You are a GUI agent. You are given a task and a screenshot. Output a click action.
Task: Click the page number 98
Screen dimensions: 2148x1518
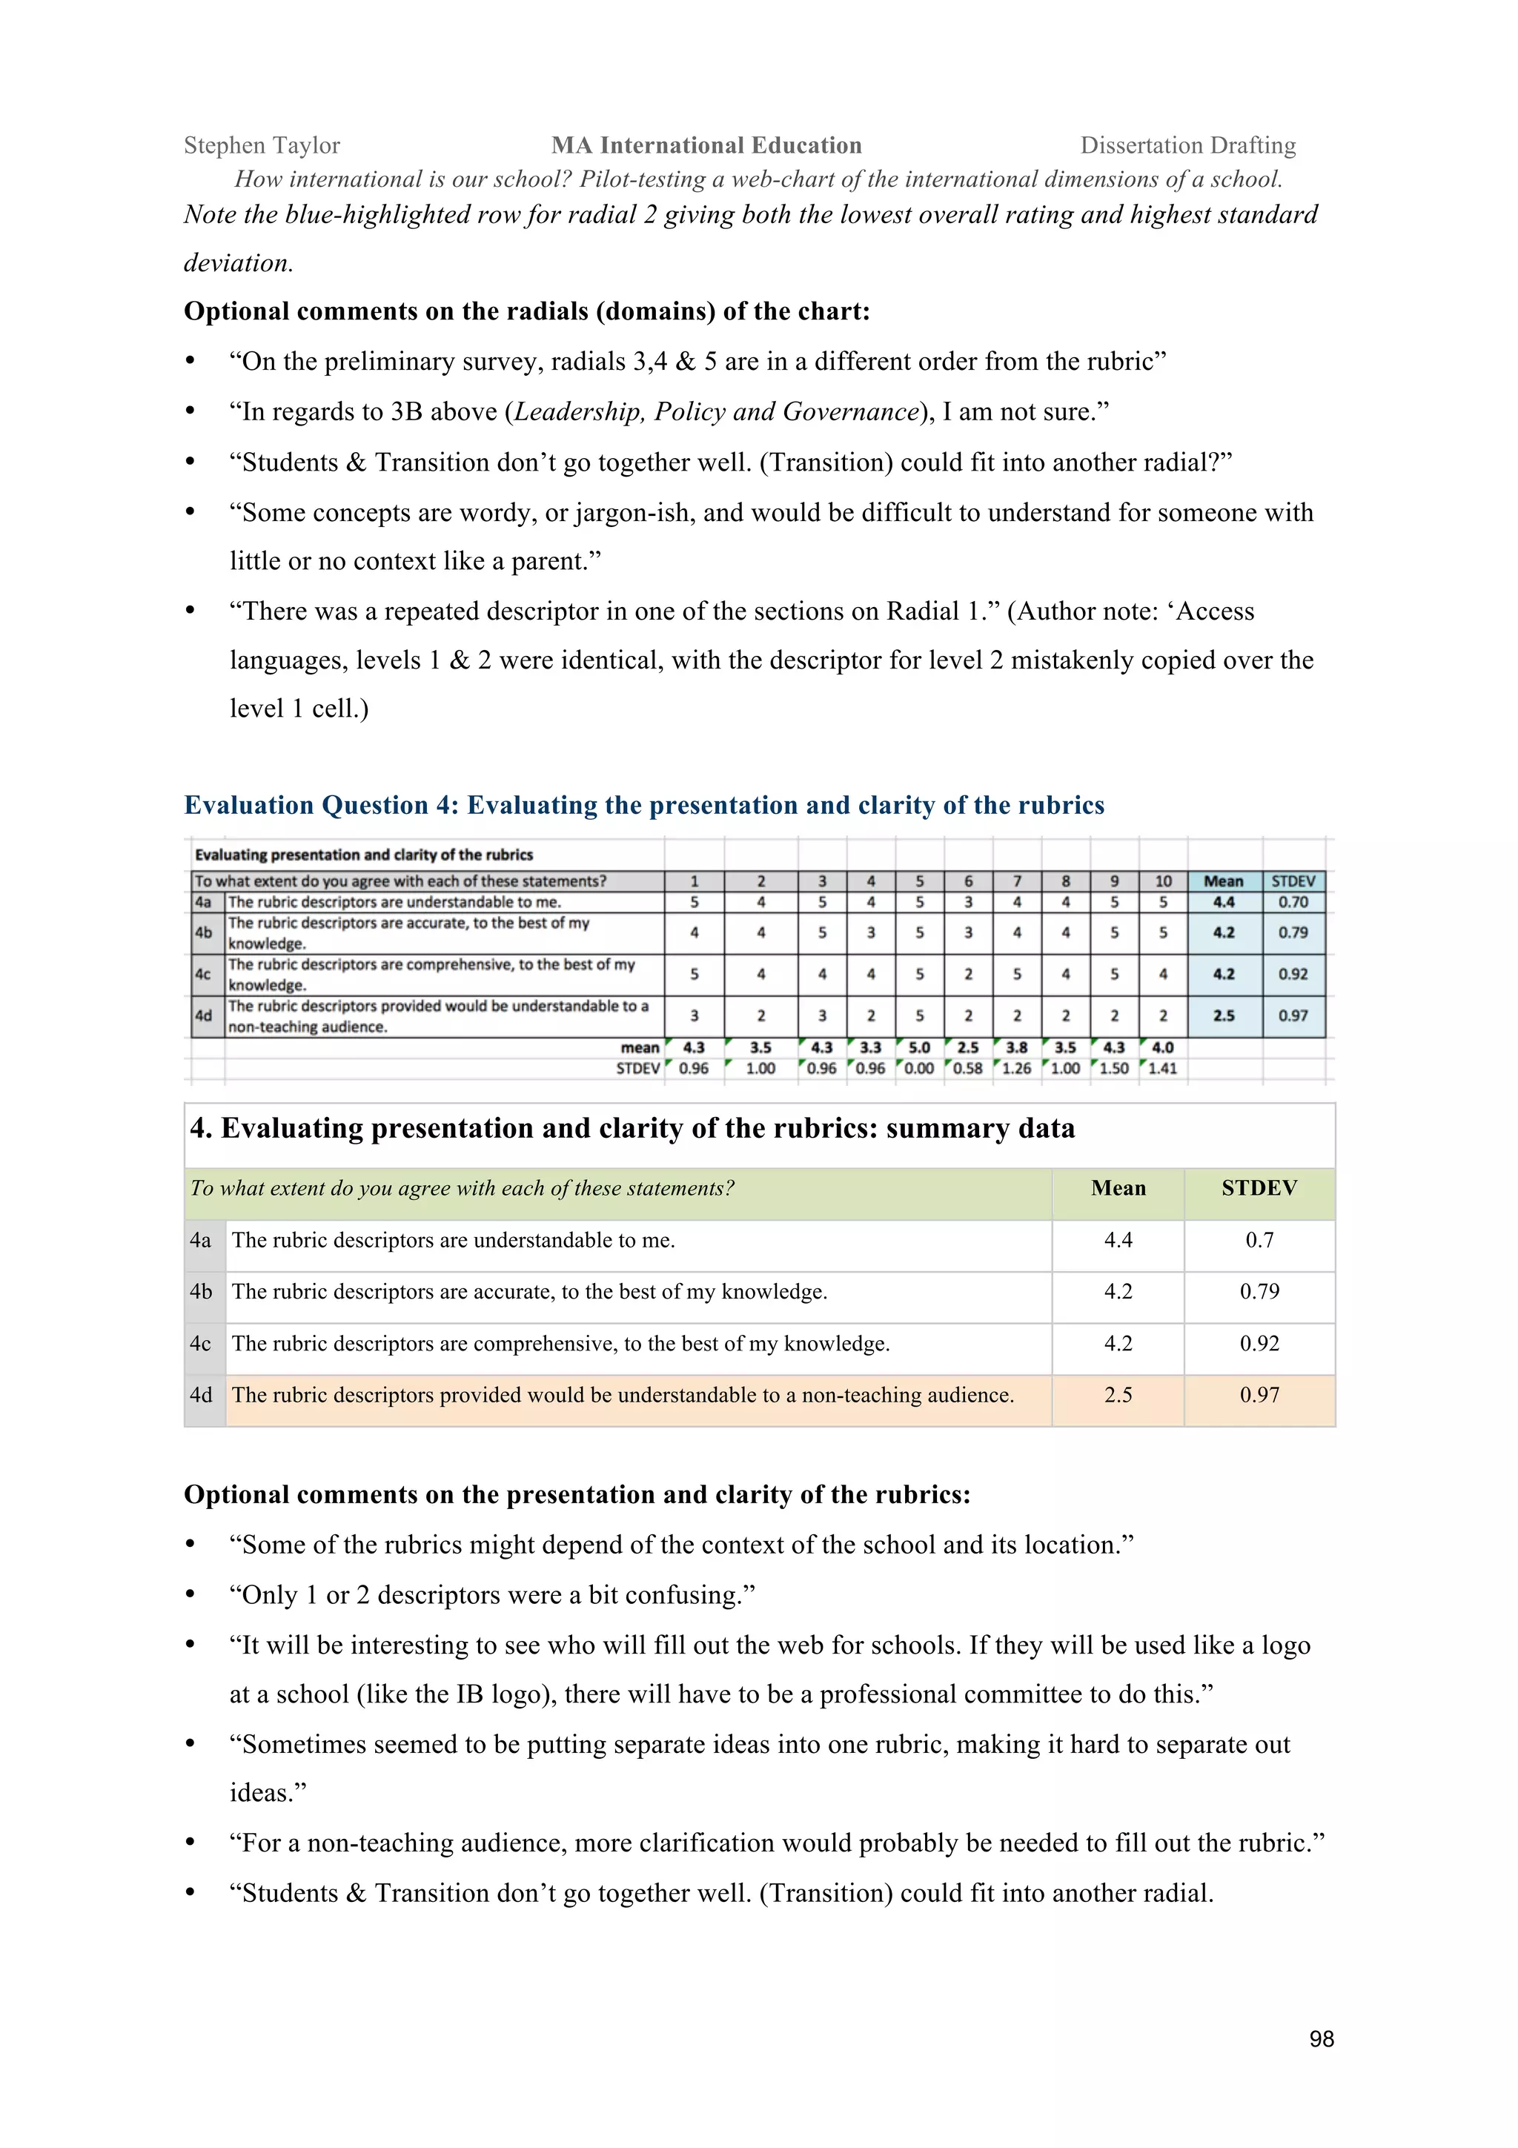tap(1321, 2038)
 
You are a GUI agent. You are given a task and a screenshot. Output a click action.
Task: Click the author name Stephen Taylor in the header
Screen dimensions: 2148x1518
tap(262, 145)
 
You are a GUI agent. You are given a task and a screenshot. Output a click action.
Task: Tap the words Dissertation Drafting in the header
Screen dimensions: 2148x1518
tap(1188, 145)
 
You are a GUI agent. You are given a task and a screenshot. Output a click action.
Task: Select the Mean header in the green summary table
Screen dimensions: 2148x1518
tap(1118, 1188)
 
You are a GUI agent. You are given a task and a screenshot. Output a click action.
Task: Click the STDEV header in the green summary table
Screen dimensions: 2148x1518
tap(1259, 1188)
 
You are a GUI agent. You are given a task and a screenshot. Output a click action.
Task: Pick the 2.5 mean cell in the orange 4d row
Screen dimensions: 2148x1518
tap(1118, 1395)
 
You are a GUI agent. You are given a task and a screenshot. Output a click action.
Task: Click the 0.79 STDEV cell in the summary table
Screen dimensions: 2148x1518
tap(1259, 1291)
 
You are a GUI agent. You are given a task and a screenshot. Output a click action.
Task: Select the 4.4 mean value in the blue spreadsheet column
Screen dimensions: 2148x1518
tap(1224, 902)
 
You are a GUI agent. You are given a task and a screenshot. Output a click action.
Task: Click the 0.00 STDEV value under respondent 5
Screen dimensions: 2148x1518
tap(919, 1068)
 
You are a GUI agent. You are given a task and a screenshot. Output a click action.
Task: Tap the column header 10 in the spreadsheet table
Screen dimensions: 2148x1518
tap(1162, 881)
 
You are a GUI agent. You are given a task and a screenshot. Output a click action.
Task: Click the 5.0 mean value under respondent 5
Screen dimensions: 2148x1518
tap(919, 1048)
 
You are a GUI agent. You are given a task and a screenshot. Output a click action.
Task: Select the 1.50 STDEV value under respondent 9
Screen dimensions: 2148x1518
tap(1114, 1068)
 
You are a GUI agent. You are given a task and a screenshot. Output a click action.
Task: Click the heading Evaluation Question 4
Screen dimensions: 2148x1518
tap(643, 806)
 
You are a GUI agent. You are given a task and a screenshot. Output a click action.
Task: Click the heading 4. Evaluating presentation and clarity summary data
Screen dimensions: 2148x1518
tap(632, 1128)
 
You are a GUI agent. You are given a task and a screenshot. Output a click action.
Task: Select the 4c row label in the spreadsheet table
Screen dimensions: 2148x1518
tap(203, 974)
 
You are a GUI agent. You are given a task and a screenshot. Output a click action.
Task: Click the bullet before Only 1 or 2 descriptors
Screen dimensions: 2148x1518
tap(190, 1595)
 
